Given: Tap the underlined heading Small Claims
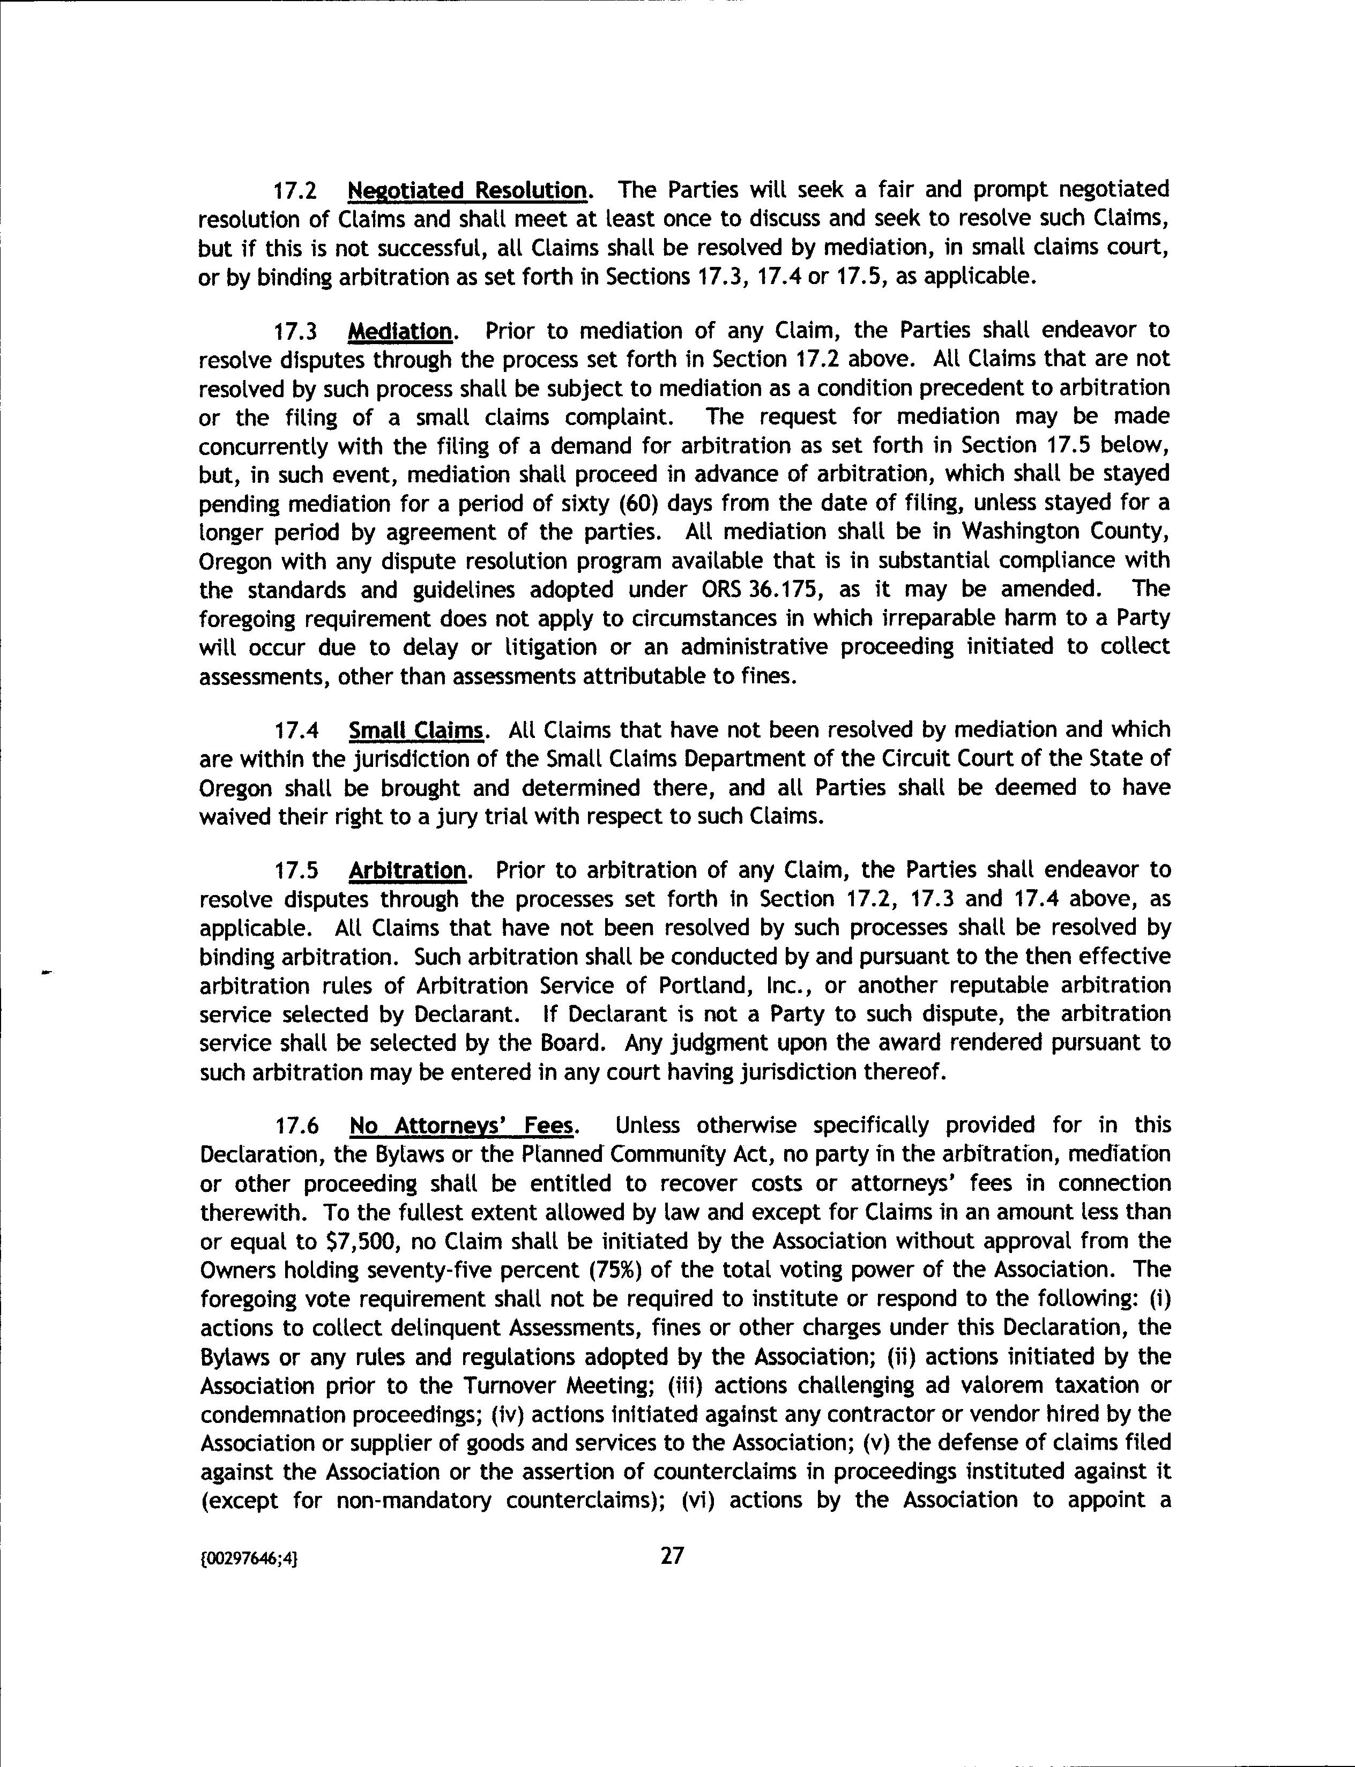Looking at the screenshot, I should pyautogui.click(x=416, y=730).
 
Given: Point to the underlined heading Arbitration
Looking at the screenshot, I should pyautogui.click(x=407, y=871).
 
